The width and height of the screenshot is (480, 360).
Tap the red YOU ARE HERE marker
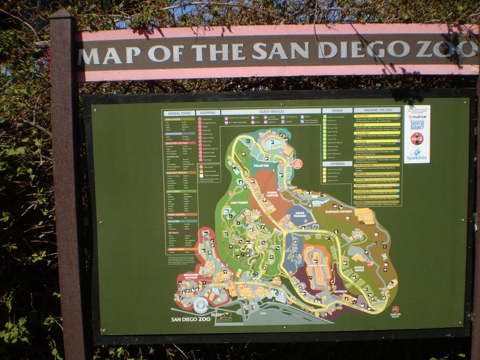[x=298, y=163]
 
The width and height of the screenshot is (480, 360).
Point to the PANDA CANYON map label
[x=272, y=194]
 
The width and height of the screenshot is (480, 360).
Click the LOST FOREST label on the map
[x=240, y=203]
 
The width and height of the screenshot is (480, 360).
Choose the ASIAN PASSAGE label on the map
[x=300, y=214]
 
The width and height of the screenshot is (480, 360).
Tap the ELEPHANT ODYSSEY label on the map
[x=339, y=211]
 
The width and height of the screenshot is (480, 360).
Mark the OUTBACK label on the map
[x=340, y=291]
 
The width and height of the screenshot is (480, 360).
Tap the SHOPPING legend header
[x=208, y=113]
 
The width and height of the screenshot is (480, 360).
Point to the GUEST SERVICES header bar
[x=272, y=112]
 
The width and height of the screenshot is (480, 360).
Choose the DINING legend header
[x=337, y=110]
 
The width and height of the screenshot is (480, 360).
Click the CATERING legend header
[x=337, y=164]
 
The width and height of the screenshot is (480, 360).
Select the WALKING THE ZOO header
[x=376, y=110]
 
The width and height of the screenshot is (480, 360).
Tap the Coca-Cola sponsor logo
[x=417, y=138]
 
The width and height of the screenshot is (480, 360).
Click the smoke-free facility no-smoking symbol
[x=395, y=309]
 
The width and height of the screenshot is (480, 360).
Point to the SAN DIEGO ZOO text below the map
[x=190, y=319]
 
